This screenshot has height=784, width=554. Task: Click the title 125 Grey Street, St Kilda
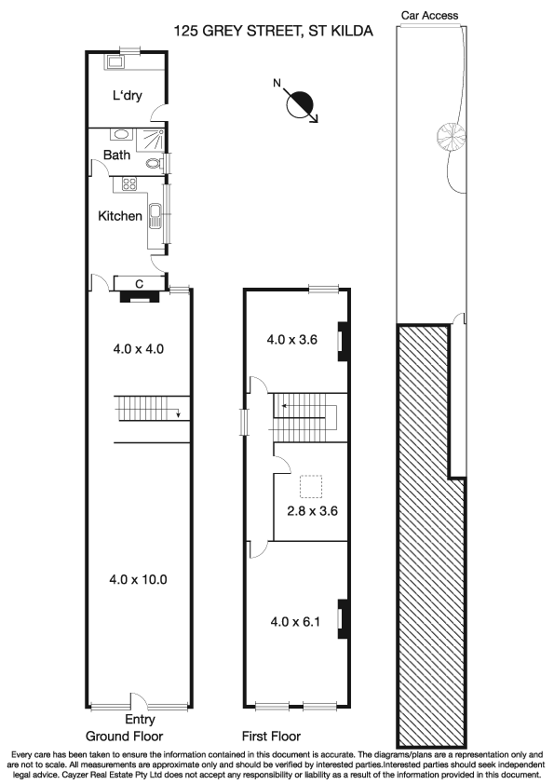[x=273, y=31]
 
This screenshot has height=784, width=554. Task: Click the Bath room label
[x=116, y=155]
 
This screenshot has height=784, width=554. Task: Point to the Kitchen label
[x=120, y=216]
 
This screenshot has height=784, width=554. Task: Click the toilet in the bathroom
[x=155, y=164]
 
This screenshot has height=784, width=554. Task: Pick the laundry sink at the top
[x=116, y=63]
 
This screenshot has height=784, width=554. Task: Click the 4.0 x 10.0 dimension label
[x=138, y=579]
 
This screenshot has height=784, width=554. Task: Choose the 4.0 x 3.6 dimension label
[x=292, y=340]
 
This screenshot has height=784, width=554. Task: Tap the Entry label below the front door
[x=140, y=720]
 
